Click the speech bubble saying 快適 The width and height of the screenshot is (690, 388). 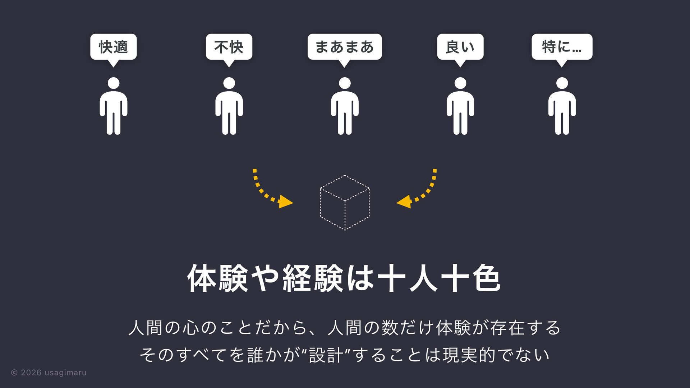(113, 47)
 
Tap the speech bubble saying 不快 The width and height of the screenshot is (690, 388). (229, 47)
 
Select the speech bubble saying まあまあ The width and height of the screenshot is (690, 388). (344, 47)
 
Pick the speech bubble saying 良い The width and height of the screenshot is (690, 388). (460, 47)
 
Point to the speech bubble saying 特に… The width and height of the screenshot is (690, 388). (562, 47)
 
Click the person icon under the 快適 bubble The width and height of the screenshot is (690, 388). (114, 108)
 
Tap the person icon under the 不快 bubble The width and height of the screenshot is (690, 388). (229, 108)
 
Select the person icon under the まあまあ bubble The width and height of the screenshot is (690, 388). (345, 108)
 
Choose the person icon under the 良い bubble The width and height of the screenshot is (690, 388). (460, 108)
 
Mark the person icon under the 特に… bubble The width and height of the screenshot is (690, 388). (562, 108)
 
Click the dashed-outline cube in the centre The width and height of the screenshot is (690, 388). (345, 203)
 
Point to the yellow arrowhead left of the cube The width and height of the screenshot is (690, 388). (285, 202)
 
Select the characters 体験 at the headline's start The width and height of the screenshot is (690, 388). (218, 278)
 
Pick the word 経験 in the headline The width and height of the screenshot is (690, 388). (313, 278)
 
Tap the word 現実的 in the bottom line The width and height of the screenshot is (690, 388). (469, 355)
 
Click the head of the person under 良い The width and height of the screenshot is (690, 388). (460, 83)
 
